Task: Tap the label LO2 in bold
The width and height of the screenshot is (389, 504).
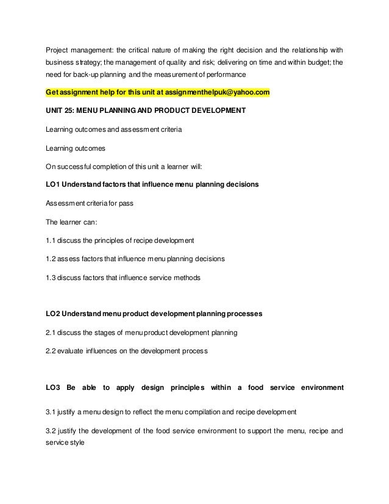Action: [54, 314]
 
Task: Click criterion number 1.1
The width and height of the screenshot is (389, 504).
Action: [52, 240]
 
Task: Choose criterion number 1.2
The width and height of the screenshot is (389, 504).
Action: [52, 259]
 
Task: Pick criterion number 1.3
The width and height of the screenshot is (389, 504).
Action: [52, 277]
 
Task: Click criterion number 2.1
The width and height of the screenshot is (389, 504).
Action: [52, 333]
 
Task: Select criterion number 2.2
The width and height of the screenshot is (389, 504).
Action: [52, 351]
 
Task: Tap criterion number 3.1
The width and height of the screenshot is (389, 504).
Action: [52, 411]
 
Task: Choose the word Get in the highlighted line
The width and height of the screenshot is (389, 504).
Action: [54, 92]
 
